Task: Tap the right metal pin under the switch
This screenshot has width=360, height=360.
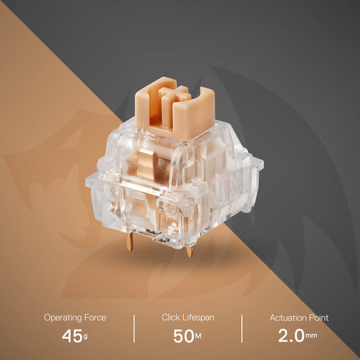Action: click(190, 251)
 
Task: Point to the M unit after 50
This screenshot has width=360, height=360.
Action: click(198, 338)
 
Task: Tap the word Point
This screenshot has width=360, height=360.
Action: click(317, 317)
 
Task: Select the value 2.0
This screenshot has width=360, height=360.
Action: click(290, 336)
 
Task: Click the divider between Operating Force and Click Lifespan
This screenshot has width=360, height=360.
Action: click(134, 328)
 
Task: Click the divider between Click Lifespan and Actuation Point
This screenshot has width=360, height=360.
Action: click(242, 328)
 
